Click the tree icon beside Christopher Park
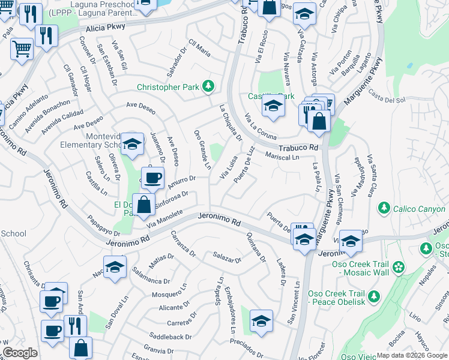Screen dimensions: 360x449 click(x=208, y=87)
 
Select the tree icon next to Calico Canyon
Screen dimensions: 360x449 click(x=384, y=208)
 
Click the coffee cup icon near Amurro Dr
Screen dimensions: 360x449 click(x=152, y=178)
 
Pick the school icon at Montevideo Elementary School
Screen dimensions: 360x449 click(x=132, y=143)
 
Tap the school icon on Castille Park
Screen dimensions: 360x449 click(x=273, y=107)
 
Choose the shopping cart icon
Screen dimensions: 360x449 click(x=22, y=49)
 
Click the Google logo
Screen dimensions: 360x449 click(x=20, y=353)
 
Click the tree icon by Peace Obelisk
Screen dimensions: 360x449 click(x=374, y=296)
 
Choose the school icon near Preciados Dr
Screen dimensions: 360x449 click(x=261, y=321)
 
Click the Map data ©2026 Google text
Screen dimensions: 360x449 click(x=411, y=355)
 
